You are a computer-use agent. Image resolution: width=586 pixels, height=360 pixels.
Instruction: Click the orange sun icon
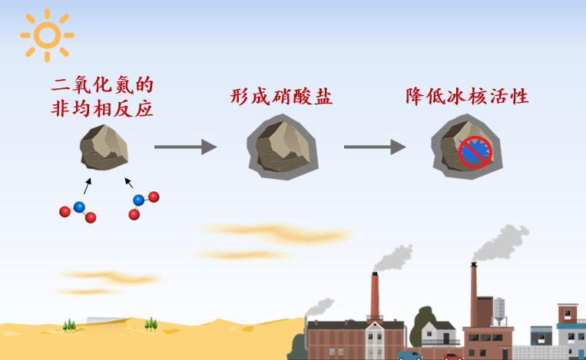pyautogui.click(x=47, y=35)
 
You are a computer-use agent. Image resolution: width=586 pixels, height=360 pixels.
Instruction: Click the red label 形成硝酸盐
pyautogui.click(x=281, y=97)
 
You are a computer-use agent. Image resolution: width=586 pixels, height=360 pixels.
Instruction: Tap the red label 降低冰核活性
pyautogui.click(x=467, y=97)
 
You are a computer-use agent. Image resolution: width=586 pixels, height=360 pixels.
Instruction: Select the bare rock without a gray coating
pyautogui.click(x=104, y=147)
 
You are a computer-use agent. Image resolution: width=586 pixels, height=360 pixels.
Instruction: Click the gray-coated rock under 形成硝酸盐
pyautogui.click(x=283, y=147)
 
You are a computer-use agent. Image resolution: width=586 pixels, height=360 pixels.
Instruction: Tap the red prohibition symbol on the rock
pyautogui.click(x=475, y=152)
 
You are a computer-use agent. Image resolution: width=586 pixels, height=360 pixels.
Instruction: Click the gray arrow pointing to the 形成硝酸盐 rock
pyautogui.click(x=185, y=147)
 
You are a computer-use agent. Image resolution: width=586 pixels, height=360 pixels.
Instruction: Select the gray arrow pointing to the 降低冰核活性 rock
pyautogui.click(x=375, y=147)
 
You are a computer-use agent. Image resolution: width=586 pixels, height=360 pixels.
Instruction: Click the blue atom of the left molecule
pyautogui.click(x=79, y=207)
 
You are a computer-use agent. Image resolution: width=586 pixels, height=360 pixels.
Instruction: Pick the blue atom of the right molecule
pyautogui.click(x=139, y=200)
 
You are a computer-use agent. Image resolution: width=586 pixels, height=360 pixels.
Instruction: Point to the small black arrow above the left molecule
pyautogui.click(x=87, y=186)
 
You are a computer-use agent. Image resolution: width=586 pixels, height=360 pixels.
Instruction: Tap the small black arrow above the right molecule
pyautogui.click(x=128, y=183)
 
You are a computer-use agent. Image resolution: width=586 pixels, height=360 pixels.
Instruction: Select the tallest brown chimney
pyautogui.click(x=474, y=295)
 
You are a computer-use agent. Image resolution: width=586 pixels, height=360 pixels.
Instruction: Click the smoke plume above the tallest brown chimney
pyautogui.click(x=501, y=243)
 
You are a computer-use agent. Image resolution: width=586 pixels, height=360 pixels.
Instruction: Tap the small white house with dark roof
pyautogui.click(x=439, y=333)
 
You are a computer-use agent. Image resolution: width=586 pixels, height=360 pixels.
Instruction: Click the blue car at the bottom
pyautogui.click(x=409, y=355)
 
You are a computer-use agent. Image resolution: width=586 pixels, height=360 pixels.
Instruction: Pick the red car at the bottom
pyautogui.click(x=452, y=357)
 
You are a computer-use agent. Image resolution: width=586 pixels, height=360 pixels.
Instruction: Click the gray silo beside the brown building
pyautogui.click(x=499, y=311)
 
